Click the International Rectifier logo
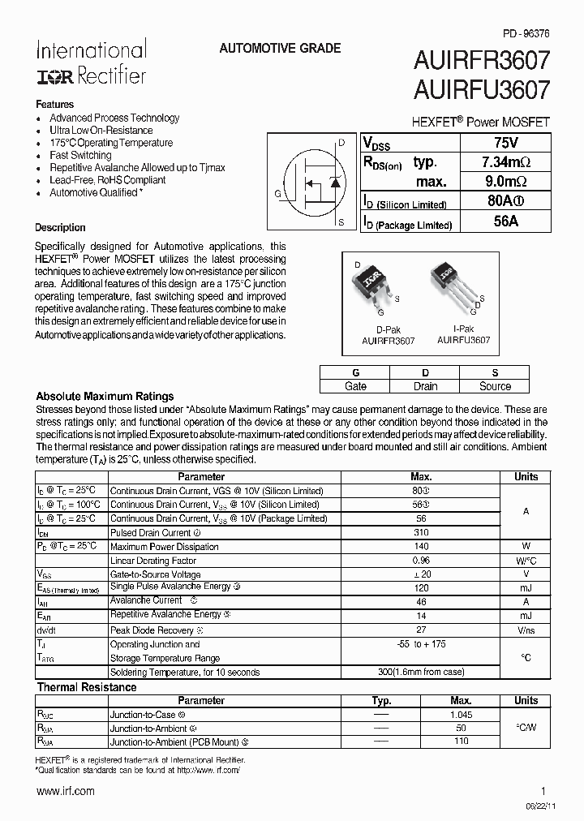(x=91, y=62)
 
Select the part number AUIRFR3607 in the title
(x=482, y=61)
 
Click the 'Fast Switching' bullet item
(x=80, y=155)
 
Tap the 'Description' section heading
(x=60, y=228)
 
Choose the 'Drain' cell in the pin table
(x=425, y=386)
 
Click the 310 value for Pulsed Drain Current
(x=420, y=533)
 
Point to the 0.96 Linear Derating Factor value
(x=420, y=561)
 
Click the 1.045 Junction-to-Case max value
(x=461, y=714)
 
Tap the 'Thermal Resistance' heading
(x=87, y=687)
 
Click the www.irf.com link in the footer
(x=65, y=790)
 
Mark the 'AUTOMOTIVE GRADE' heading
(x=280, y=49)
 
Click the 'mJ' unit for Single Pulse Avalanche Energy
(x=526, y=587)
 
